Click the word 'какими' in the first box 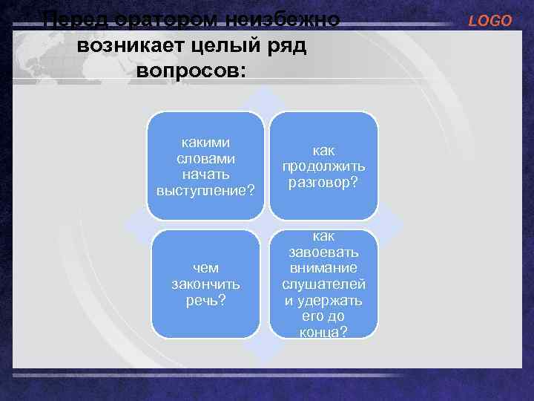pyautogui.click(x=205, y=142)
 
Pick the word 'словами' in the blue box pyautogui.click(x=205, y=158)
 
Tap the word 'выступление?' pyautogui.click(x=205, y=191)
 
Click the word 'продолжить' pyautogui.click(x=323, y=166)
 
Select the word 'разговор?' pyautogui.click(x=323, y=182)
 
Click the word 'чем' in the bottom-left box pyautogui.click(x=205, y=268)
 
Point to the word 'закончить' pyautogui.click(x=205, y=284)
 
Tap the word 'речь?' pyautogui.click(x=205, y=300)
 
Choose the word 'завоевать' pyautogui.click(x=323, y=252)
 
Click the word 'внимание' pyautogui.click(x=323, y=268)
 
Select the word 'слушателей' pyautogui.click(x=323, y=284)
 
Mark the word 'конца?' pyautogui.click(x=323, y=332)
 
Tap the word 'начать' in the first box pyautogui.click(x=205, y=175)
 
